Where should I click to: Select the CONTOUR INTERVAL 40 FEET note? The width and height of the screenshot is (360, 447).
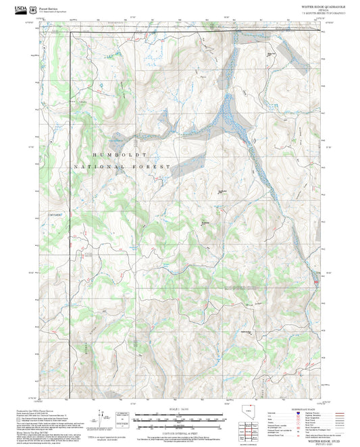point(179,431)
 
